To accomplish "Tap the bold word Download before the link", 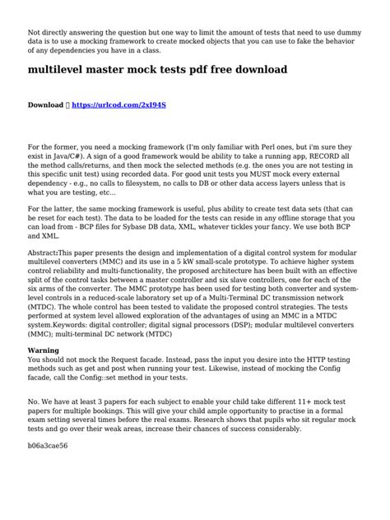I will (x=46, y=106).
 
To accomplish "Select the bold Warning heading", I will (x=42, y=350).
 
